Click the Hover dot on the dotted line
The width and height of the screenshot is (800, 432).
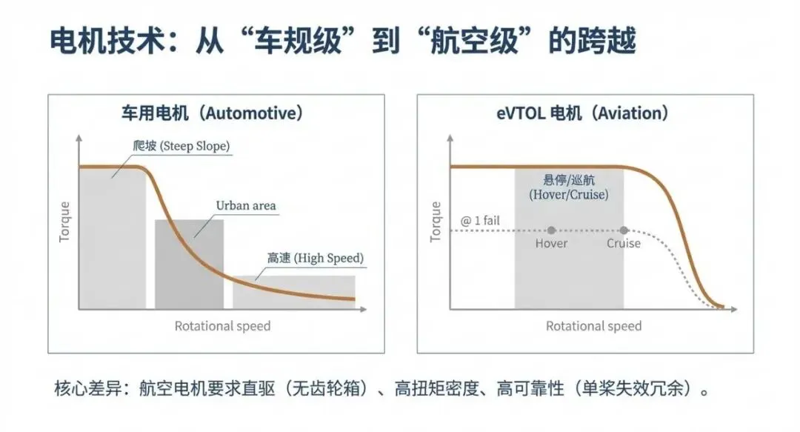point(551,230)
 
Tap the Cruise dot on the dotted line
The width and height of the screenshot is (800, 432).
point(624,230)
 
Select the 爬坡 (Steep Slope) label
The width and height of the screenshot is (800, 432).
point(181,147)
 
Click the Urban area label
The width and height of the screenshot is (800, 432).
point(245,205)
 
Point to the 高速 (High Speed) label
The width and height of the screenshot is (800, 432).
point(316,259)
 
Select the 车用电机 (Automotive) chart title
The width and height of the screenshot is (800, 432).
point(213,113)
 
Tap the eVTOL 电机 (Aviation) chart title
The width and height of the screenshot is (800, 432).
point(583,113)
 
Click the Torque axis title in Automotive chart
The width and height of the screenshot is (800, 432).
point(65,222)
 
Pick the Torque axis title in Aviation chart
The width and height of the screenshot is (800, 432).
point(436,222)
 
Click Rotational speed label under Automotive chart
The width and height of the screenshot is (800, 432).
point(222,326)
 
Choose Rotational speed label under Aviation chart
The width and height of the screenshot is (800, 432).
point(593,326)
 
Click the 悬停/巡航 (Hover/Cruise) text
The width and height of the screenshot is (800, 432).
point(569,187)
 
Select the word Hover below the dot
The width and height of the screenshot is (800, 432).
point(551,244)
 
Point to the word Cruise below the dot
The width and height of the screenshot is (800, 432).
point(624,244)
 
